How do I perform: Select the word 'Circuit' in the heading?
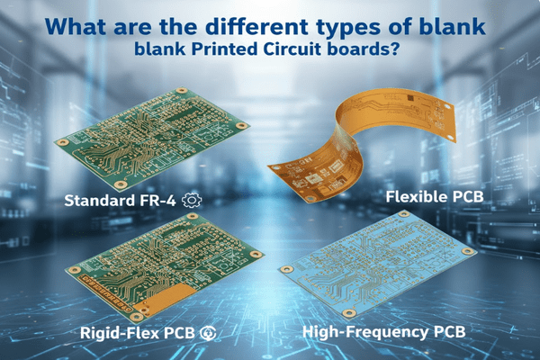click(x=292, y=50)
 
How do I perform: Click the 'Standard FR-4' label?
click(x=121, y=200)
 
